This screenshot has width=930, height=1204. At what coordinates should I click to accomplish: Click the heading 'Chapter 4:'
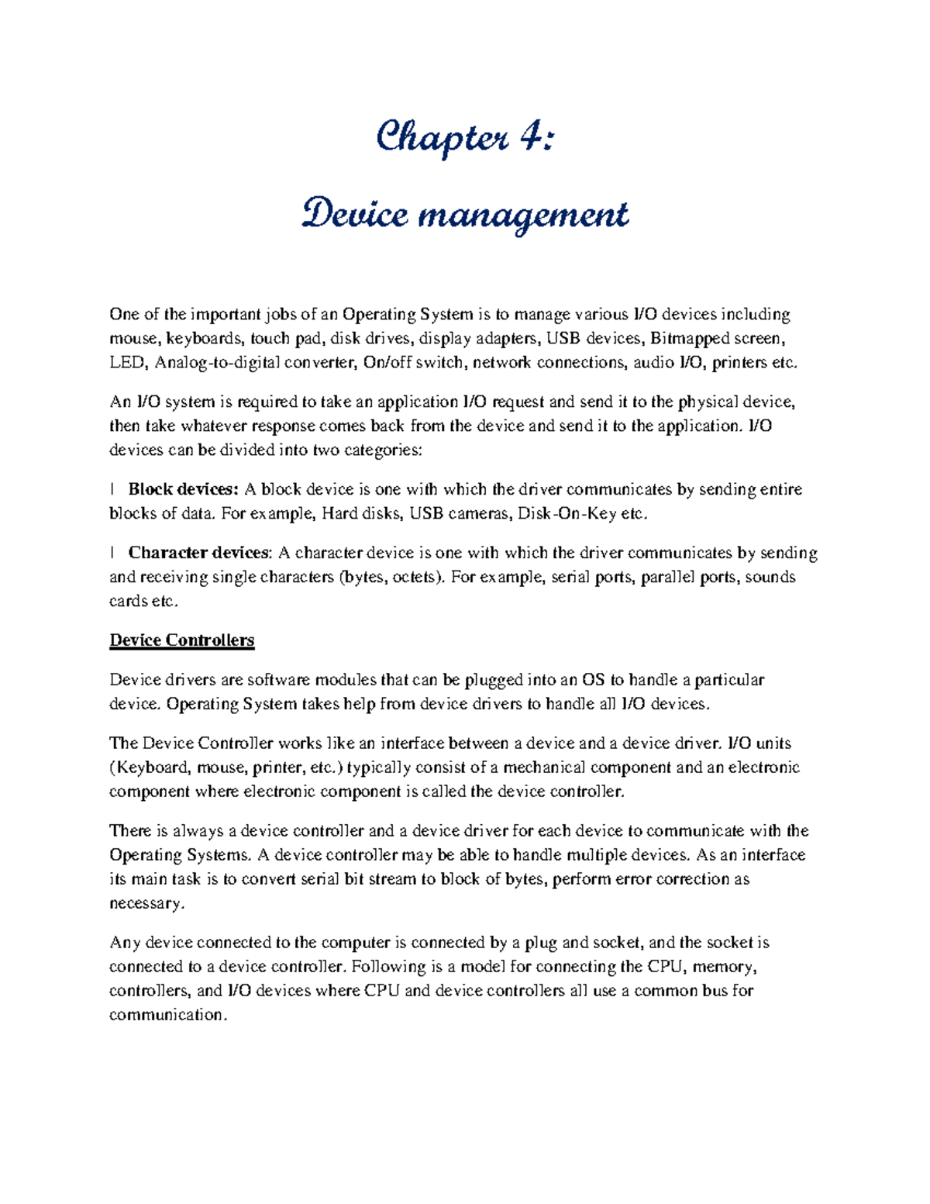pos(465,140)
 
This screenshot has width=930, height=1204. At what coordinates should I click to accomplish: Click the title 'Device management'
pos(465,215)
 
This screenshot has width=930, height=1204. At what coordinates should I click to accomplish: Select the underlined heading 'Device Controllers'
pos(182,640)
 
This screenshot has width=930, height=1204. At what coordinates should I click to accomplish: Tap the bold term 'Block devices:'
pos(184,489)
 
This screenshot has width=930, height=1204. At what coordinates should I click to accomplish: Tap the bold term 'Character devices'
pos(199,553)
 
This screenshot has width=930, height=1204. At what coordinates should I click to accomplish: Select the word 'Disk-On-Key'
pos(563,513)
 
